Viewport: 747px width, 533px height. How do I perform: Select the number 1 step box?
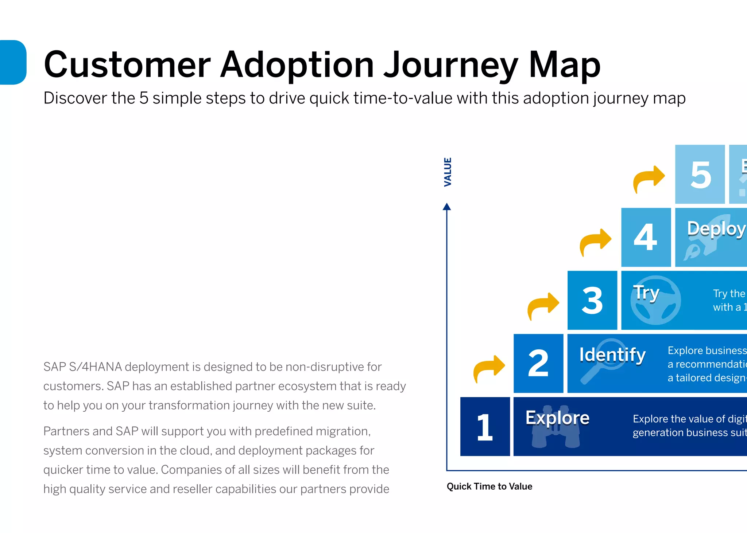(485, 427)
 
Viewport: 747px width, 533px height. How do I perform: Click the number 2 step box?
(538, 363)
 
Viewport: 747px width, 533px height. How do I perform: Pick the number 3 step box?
(592, 300)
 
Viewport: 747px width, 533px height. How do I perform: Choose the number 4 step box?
(646, 237)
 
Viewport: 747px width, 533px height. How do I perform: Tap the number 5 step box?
(700, 175)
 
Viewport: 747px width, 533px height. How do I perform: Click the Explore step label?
(557, 418)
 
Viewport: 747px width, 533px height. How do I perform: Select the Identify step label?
(612, 354)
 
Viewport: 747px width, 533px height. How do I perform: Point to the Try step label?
(646, 292)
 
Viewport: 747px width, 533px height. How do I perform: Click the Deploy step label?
(716, 229)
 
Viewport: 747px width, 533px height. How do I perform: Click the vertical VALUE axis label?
(448, 172)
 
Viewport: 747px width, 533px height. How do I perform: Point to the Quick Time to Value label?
(489, 486)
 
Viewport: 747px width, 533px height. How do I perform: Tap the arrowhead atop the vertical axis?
(447, 207)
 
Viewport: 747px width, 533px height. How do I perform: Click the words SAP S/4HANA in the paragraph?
(82, 367)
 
